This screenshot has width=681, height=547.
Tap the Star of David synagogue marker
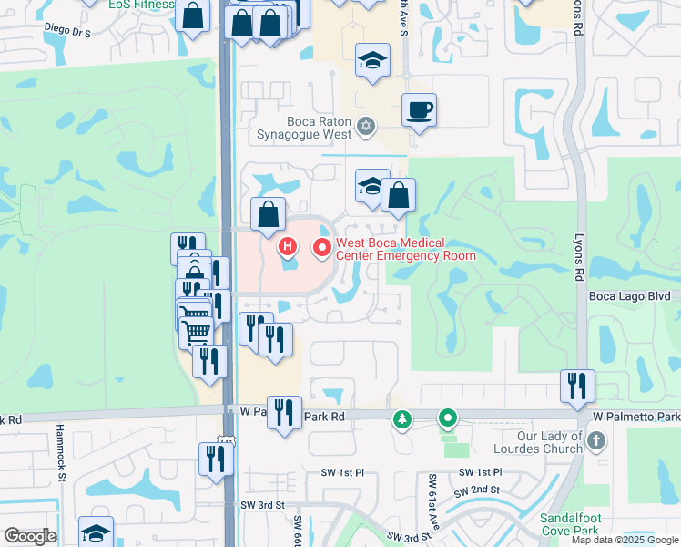click(366, 126)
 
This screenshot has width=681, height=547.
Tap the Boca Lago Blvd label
click(629, 295)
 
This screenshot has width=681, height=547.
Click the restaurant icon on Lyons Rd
click(577, 385)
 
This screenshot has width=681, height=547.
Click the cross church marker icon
click(596, 442)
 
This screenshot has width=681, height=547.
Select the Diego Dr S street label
click(68, 31)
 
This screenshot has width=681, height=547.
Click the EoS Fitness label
click(140, 5)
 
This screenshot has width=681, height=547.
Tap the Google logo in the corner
click(29, 536)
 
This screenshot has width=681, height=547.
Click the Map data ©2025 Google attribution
click(625, 540)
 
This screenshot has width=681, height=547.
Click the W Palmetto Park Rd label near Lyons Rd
click(635, 417)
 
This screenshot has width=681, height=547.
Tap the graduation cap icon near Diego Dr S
click(372, 60)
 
